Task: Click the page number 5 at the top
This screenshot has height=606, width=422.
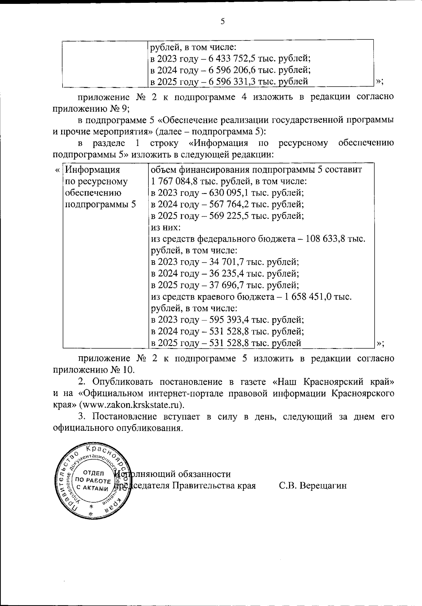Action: (x=222, y=21)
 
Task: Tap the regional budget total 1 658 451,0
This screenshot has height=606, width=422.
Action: (x=308, y=297)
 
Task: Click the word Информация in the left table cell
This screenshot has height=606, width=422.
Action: (x=93, y=170)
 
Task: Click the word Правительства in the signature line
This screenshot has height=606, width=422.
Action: (x=201, y=486)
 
